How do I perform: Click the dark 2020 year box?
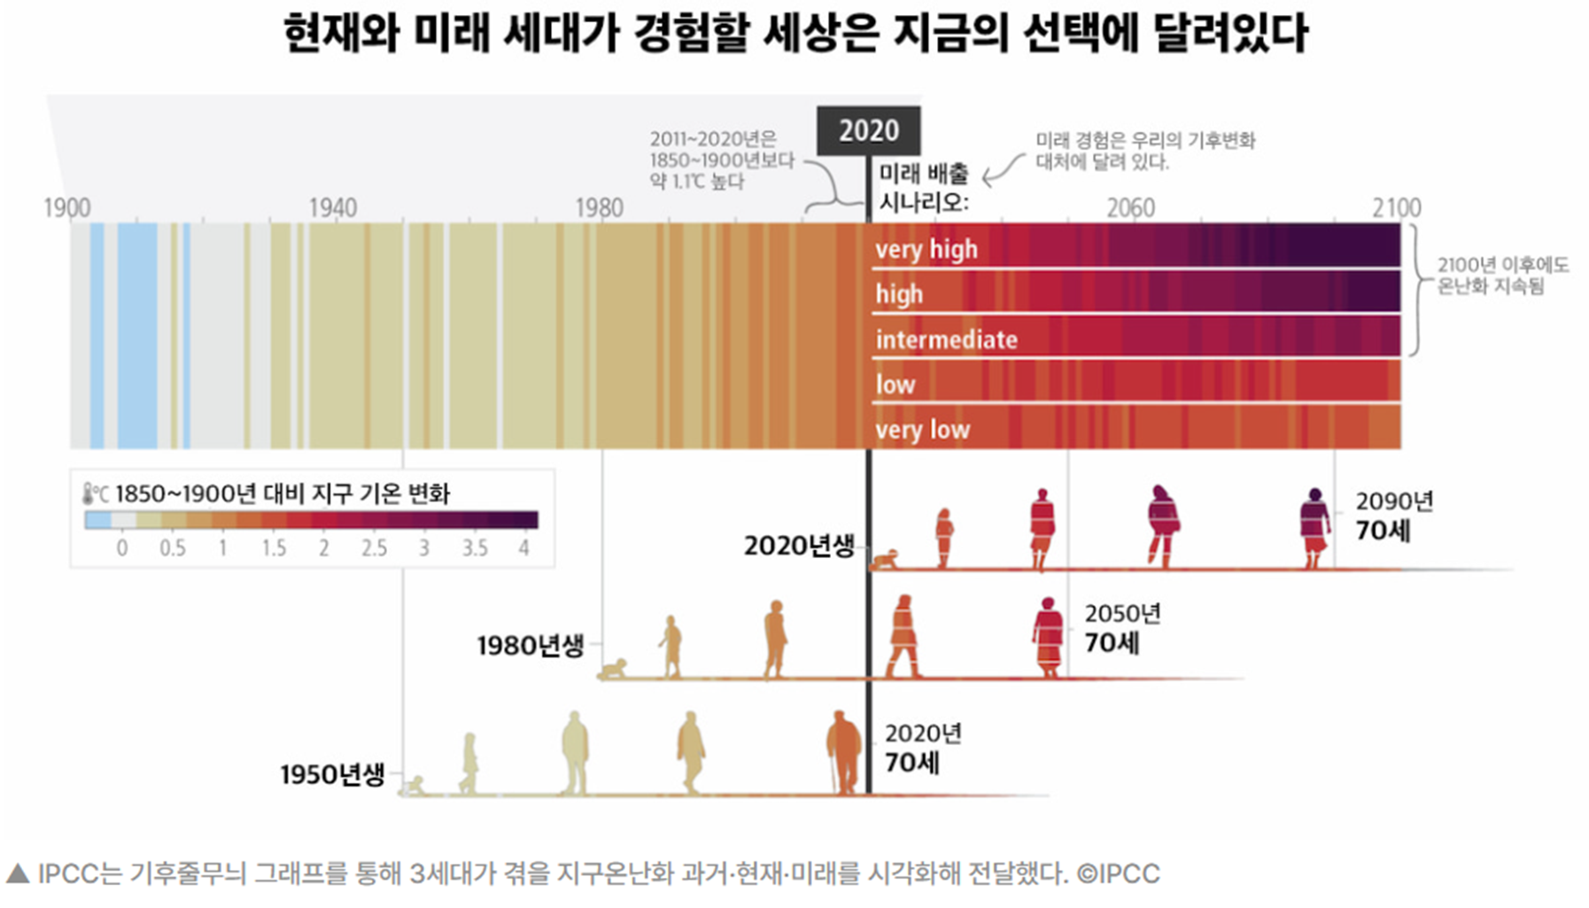(868, 130)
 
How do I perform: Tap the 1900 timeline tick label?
(67, 207)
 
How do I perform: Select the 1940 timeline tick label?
(333, 207)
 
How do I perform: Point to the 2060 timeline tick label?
(1130, 207)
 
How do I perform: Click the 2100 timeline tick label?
(1397, 207)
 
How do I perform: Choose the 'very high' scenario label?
(926, 249)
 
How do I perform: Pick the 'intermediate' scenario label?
(946, 339)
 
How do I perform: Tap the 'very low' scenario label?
(922, 430)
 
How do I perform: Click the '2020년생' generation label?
(799, 546)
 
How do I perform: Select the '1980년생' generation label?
(531, 646)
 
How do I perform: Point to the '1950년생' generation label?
(333, 775)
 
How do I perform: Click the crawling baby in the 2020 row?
(885, 560)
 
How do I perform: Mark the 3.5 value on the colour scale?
(475, 548)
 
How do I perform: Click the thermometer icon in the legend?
(89, 493)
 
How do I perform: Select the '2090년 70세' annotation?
(1393, 516)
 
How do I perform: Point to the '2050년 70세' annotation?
(1121, 628)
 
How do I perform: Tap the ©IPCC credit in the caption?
(1118, 874)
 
